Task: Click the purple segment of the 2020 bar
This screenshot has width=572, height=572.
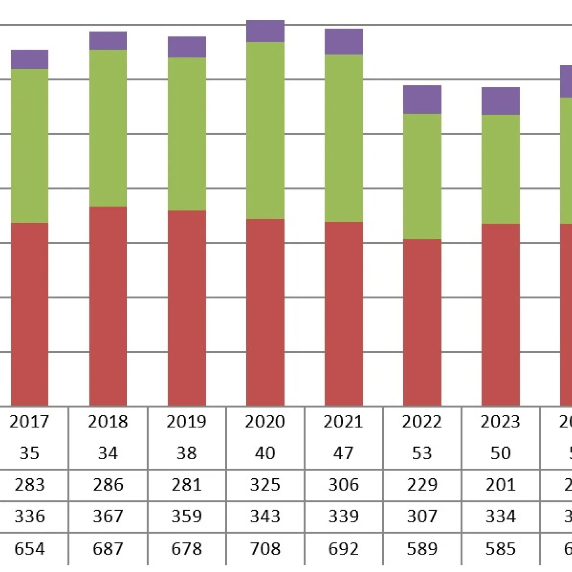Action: pos(265,31)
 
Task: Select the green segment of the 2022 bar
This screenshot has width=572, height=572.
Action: pos(422,176)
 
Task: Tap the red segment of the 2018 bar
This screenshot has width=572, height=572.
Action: pos(108,306)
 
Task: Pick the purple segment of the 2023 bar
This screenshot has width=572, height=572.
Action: pos(500,101)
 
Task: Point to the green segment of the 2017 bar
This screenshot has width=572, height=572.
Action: pos(29,146)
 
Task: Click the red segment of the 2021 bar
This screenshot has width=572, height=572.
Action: pos(344,314)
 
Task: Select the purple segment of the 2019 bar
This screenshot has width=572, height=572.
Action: pos(187,47)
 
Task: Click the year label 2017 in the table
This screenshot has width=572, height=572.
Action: pos(29,422)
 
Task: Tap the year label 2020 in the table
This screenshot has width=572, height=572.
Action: pos(265,422)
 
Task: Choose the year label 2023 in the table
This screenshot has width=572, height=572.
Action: pos(500,422)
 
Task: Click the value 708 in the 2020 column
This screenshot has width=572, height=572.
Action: pos(265,549)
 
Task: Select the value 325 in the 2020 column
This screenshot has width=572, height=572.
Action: pos(265,485)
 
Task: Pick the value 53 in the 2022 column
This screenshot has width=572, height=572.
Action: pos(422,453)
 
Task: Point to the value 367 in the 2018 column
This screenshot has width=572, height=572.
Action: pos(108,516)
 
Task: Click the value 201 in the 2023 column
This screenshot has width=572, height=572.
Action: pos(500,485)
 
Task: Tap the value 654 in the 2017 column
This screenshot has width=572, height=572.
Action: pos(29,549)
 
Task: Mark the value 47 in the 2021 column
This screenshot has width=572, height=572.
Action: pos(344,453)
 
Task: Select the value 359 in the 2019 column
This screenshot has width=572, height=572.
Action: pos(187,516)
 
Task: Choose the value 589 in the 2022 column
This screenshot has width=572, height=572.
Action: pos(422,549)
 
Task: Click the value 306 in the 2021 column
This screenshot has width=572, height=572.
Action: pos(344,485)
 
